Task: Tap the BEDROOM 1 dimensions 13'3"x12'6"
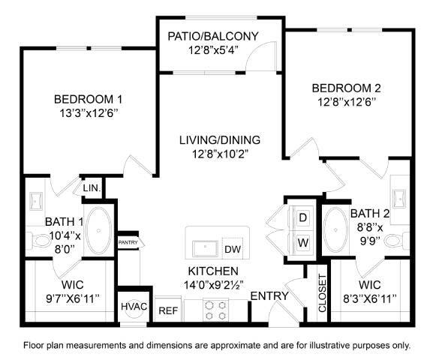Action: tap(88, 114)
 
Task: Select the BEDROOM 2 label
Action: tap(342, 88)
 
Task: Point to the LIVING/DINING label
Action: tap(219, 139)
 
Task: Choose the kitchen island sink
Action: tap(203, 247)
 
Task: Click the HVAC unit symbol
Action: tap(134, 307)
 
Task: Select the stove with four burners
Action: tap(216, 309)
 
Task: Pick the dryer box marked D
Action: tap(303, 218)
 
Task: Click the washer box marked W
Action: tap(303, 243)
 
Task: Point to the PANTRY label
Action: tap(128, 243)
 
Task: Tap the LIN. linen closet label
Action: tap(92, 187)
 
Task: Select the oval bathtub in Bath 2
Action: tap(335, 229)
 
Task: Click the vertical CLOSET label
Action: tap(321, 293)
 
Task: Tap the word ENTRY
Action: tap(269, 296)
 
